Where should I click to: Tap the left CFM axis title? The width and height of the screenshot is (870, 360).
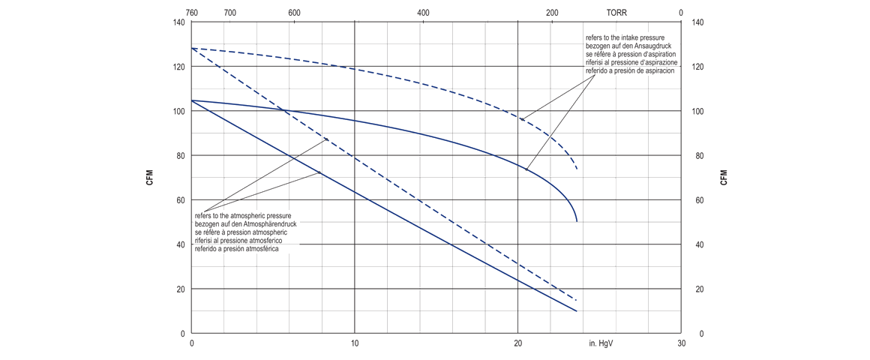coord(149,178)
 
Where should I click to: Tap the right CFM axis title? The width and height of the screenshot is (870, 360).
coord(724,178)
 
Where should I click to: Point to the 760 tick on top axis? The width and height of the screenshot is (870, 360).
coord(191,13)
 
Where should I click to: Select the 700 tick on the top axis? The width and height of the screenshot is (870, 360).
coord(230,13)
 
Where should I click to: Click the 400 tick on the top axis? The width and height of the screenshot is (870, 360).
coord(423,13)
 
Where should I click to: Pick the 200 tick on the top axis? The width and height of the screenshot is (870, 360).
coord(552,13)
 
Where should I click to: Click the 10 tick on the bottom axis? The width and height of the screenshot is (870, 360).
coord(355,343)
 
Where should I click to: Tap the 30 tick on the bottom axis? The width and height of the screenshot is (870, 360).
coord(681,343)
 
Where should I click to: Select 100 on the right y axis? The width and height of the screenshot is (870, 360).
coord(697,111)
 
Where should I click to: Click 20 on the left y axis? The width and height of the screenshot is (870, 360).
coord(180,289)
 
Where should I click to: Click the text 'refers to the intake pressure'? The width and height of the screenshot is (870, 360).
coord(631,37)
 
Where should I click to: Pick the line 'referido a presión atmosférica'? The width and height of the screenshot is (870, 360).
coord(237,249)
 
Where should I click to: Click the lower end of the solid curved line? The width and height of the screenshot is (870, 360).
coord(577,221)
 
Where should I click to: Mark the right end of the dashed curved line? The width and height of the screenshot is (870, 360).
coord(577,169)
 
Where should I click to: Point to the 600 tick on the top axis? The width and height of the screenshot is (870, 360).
coord(294,13)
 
